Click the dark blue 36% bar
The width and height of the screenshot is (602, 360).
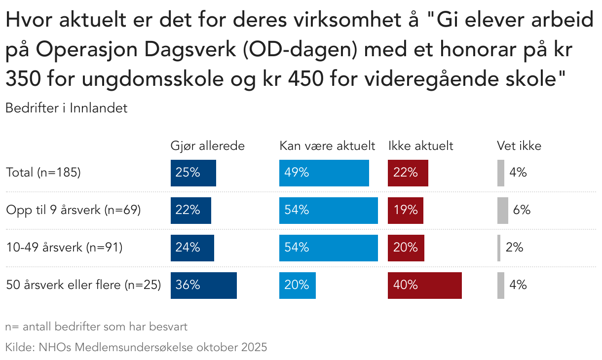(x=203, y=285)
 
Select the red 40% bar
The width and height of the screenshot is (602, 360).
(x=424, y=285)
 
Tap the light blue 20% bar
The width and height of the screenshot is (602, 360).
(x=297, y=285)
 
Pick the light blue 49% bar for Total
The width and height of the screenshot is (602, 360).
(x=324, y=173)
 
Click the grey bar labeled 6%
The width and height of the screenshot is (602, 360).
(x=502, y=210)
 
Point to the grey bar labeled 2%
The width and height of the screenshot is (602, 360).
(x=499, y=248)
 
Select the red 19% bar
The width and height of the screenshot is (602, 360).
(x=405, y=210)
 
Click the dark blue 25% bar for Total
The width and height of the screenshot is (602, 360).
(x=193, y=173)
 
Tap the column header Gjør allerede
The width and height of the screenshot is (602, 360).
(x=207, y=146)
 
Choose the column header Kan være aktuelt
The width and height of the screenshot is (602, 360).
(x=327, y=146)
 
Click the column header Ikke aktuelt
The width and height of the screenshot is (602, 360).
(x=420, y=146)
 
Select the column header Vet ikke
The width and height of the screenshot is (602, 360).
(x=519, y=146)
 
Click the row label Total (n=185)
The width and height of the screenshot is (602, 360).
(x=43, y=173)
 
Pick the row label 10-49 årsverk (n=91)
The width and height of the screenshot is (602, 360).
(x=64, y=248)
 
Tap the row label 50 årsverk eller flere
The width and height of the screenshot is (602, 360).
(x=83, y=285)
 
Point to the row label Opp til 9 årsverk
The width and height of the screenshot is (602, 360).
(x=74, y=210)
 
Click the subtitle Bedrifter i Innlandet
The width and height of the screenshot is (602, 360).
(x=66, y=108)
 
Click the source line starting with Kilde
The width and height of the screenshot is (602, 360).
(x=136, y=347)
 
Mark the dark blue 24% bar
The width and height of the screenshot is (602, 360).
(x=192, y=248)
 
